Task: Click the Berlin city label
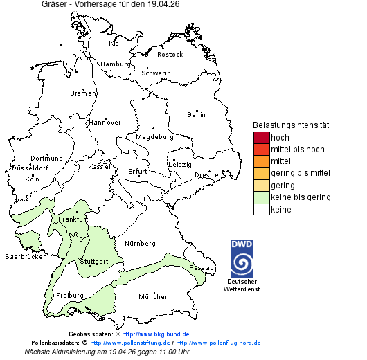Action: click(x=196, y=114)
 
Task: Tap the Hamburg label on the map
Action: click(x=116, y=64)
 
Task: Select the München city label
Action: click(x=154, y=297)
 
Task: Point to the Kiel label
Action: click(x=115, y=44)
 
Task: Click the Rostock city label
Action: click(x=170, y=55)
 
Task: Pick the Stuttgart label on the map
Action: click(x=94, y=262)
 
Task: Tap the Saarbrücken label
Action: click(x=26, y=257)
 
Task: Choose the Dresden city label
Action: click(x=208, y=175)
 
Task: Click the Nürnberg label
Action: click(x=140, y=244)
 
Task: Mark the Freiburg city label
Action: click(x=70, y=296)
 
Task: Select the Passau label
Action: click(x=202, y=267)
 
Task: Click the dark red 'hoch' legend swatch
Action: click(x=261, y=138)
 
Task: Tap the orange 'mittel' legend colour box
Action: click(x=261, y=161)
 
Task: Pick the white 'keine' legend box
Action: click(x=261, y=209)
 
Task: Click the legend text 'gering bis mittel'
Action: click(x=300, y=173)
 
